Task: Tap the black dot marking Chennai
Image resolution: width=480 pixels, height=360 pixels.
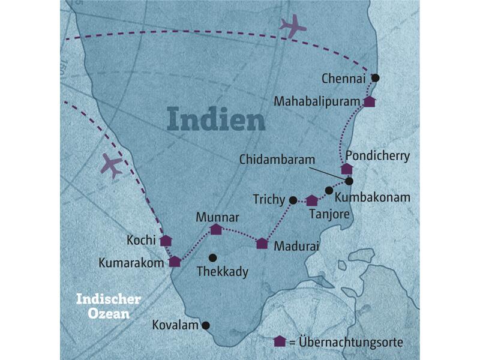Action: pos(376,77)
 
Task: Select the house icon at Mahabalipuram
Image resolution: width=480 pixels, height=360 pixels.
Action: pos(370,101)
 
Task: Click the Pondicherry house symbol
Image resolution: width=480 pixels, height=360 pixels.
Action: pos(347,169)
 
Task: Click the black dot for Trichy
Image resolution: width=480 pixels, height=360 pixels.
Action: pos(293,200)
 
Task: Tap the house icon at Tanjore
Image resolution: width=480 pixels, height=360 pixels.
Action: pos(311,200)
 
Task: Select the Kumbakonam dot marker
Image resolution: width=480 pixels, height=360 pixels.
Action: pos(329,191)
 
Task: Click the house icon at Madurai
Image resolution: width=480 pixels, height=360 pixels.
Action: pos(262,243)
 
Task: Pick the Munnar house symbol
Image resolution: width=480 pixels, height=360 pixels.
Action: pos(216,229)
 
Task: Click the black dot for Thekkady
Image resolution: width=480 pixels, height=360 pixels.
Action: pos(212,258)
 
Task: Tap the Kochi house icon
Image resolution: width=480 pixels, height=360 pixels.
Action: pos(166,241)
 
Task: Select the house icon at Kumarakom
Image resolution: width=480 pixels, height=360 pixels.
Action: pos(175,261)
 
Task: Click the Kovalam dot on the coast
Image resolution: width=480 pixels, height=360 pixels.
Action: pos(205,326)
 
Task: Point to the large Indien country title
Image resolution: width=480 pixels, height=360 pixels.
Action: pos(216,119)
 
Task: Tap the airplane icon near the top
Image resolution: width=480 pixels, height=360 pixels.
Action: pos(292,25)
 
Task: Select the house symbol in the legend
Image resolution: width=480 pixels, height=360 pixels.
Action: pos(280,341)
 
